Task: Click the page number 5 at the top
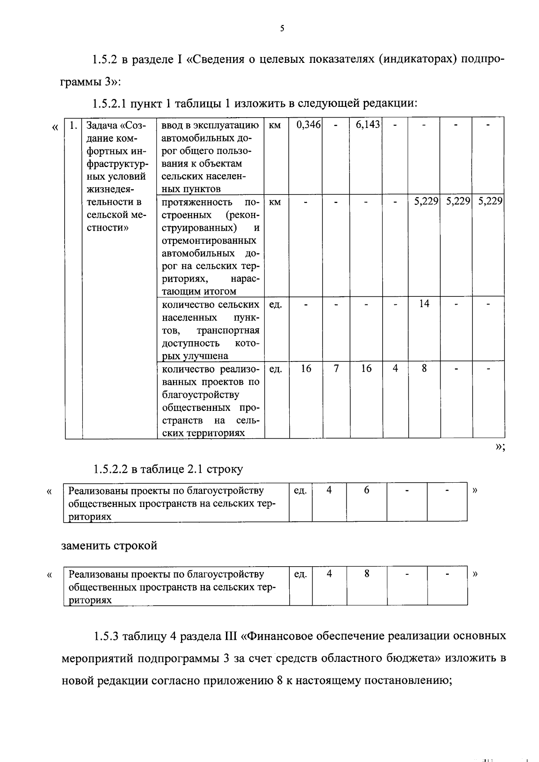[282, 28]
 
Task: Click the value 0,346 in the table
[308, 125]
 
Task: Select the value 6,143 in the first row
[368, 125]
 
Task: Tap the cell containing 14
[424, 304]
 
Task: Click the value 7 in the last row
[336, 369]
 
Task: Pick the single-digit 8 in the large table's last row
[424, 369]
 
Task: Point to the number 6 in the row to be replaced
[367, 490]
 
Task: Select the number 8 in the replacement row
[367, 574]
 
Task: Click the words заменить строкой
[109, 546]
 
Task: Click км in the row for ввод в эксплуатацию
[274, 125]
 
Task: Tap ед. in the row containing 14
[275, 305]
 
